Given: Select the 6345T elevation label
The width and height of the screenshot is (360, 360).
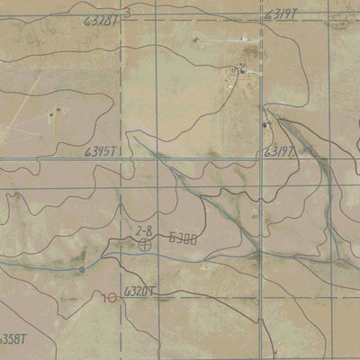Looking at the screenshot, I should pos(103,154).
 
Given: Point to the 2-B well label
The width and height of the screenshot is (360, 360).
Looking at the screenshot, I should pos(144,231).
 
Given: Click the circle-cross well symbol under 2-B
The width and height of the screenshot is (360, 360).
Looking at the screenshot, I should pos(144,243).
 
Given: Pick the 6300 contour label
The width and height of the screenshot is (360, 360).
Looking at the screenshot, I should pos(183,239).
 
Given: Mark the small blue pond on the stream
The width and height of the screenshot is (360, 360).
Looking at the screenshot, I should pos(81,267).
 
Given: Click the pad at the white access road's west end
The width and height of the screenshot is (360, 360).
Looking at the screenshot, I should pos(196,40).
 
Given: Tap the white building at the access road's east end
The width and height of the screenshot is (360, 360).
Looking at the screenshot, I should pos(242,39).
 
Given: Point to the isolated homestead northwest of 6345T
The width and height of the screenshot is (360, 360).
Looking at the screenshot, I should pos(52,113).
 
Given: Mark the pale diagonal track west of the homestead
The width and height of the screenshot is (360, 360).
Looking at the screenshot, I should pos(22,108).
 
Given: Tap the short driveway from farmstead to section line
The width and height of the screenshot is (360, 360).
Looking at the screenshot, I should pos(252,73).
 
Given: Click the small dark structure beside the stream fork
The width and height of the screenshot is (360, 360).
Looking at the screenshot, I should pos(265,123).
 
